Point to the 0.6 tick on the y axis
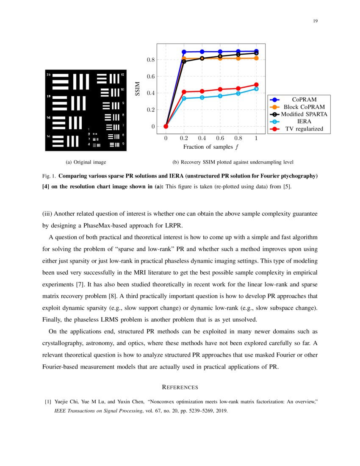point(150,76)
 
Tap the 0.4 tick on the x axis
point(202,138)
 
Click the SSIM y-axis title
point(137,89)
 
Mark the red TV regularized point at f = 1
point(256,85)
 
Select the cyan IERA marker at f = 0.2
point(184,98)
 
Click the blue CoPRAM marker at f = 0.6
point(220,52)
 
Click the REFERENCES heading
point(180,387)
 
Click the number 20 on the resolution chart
point(48,75)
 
